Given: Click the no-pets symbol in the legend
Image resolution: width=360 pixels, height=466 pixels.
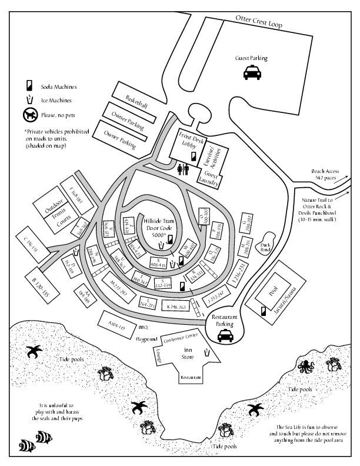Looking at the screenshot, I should [31, 114].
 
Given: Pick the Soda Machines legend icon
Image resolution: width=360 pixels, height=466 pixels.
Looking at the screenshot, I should [29, 86].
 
